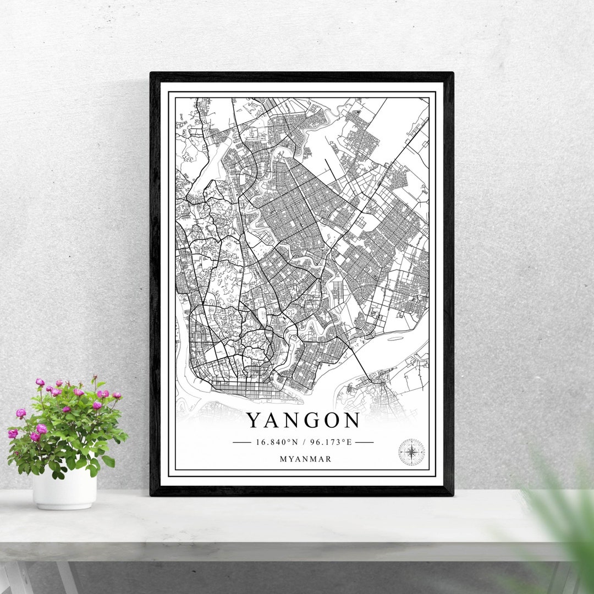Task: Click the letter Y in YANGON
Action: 254,421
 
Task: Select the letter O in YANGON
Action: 332,421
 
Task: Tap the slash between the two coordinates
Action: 302,442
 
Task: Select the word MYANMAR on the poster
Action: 305,459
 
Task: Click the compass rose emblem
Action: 411,452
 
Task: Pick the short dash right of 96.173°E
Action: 364,442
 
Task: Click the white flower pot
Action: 64,488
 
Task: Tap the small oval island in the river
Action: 394,338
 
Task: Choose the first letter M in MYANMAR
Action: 283,459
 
